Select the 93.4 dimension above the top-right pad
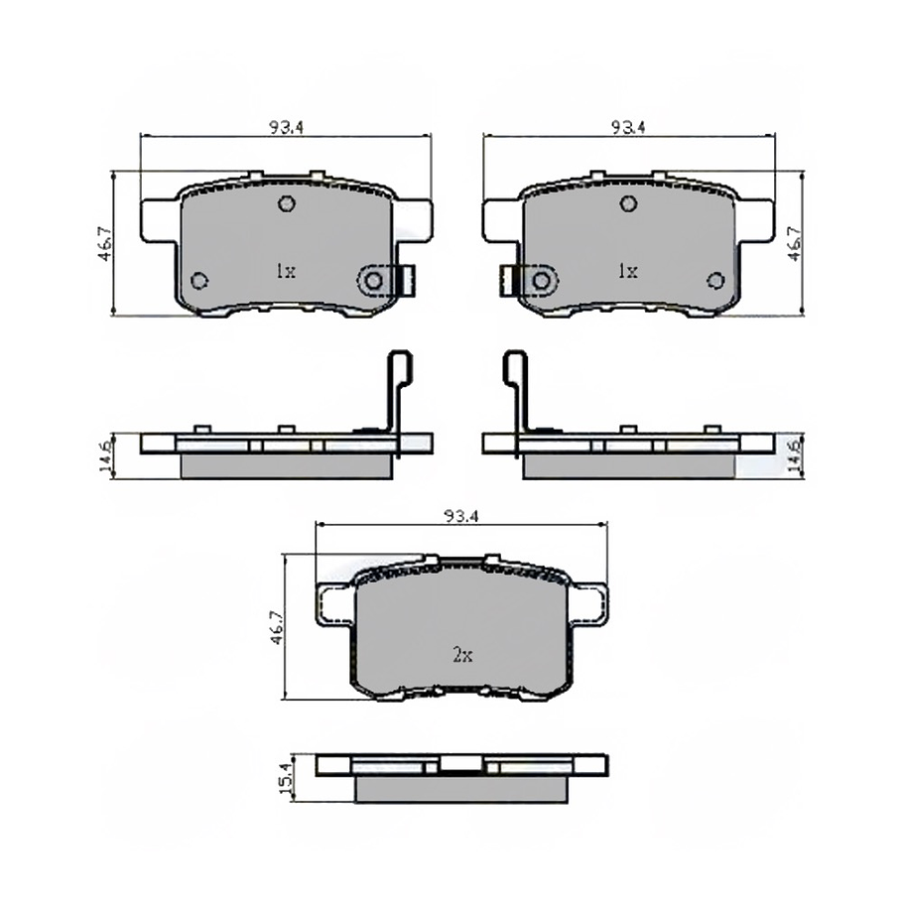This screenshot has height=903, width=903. point(627,127)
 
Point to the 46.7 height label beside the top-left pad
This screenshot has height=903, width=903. point(103,244)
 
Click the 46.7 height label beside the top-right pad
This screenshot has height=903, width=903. point(794,242)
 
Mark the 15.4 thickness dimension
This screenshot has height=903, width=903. point(289,780)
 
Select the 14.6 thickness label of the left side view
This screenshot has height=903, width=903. point(103,457)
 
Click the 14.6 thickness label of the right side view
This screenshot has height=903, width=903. point(794,456)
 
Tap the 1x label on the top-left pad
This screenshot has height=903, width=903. point(285,270)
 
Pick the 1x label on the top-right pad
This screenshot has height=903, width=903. point(626,270)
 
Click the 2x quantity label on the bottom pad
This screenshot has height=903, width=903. point(462,655)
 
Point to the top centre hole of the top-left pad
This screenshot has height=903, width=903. point(286,204)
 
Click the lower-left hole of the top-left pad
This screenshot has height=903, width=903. point(198,281)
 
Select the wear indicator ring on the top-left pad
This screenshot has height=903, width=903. point(373,282)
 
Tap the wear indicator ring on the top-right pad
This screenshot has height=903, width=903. point(541,282)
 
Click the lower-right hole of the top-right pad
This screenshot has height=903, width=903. point(715,281)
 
